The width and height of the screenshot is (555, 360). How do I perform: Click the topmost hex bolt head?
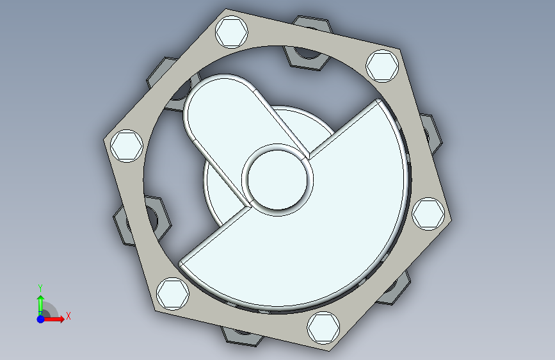click(x=232, y=32)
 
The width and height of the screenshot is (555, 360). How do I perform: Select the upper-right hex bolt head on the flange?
click(x=382, y=66)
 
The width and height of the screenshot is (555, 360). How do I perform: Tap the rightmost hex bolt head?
click(x=428, y=214)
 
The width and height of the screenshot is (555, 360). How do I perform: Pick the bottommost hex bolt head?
click(x=323, y=328)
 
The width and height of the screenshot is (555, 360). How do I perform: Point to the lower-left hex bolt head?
click(x=172, y=294)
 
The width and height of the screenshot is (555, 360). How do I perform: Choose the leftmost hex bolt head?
click(x=127, y=146)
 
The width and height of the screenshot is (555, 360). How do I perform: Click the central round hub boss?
click(x=278, y=180)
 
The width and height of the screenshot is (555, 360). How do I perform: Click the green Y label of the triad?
click(x=40, y=288)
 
